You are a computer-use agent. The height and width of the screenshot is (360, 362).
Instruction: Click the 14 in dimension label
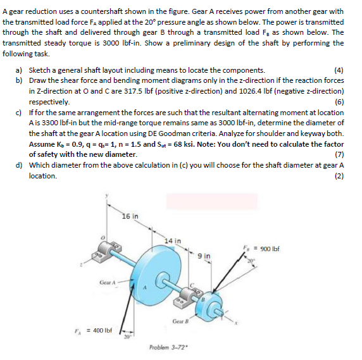[x=172, y=240]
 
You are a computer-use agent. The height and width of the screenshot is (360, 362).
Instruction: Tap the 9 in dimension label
[x=203, y=255]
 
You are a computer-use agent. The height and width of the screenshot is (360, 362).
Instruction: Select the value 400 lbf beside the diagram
[x=101, y=330]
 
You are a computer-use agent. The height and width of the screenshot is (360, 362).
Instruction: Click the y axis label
[x=108, y=197]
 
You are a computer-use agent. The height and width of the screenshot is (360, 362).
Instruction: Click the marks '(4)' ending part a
[x=339, y=70]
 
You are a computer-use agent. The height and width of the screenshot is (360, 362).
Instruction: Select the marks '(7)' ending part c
[x=339, y=154]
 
